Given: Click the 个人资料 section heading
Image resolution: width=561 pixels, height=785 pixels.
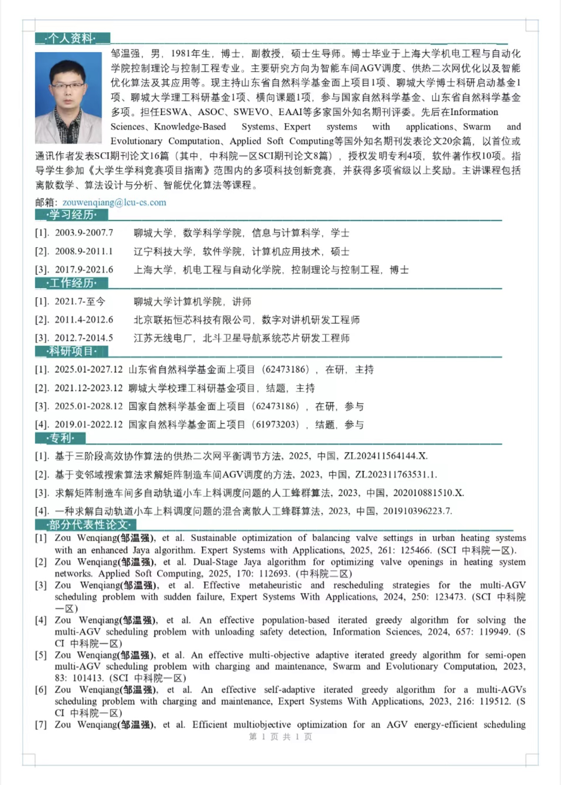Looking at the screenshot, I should (x=72, y=38).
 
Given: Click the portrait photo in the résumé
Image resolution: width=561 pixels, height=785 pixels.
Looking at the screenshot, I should (x=68, y=98).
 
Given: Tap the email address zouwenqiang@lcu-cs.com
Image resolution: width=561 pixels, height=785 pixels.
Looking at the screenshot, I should (x=114, y=202).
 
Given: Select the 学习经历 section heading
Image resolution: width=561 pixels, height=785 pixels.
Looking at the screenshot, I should (x=72, y=214).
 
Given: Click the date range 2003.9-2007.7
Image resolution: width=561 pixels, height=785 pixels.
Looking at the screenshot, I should (x=84, y=233).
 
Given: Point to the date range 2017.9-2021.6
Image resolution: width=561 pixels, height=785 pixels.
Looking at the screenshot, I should (x=84, y=270).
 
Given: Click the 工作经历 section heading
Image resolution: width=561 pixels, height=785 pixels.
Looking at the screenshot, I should (x=72, y=283).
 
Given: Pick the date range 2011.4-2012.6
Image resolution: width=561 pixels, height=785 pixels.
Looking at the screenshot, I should (x=84, y=320).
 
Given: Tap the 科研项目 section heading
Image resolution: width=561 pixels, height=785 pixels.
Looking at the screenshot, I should (x=72, y=351).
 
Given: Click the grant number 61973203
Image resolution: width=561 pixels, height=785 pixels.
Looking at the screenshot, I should (x=276, y=424).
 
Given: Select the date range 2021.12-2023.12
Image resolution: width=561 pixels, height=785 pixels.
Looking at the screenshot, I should (x=89, y=388).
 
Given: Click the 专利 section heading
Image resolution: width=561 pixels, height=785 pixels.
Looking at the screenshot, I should (x=60, y=438).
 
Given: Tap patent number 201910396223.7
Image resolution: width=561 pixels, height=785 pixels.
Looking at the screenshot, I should (x=417, y=511).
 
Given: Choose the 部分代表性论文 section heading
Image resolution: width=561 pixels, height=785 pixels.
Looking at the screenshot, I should (x=89, y=524).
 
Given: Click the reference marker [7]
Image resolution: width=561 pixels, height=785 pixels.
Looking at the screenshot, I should (x=41, y=725).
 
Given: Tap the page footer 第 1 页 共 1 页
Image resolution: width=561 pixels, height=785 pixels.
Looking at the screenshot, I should (x=280, y=736).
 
